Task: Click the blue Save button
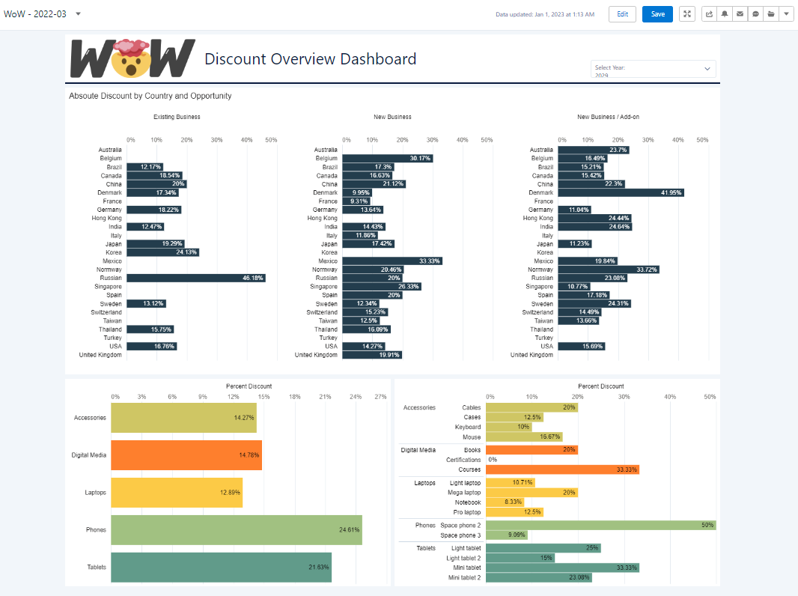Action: pos(657,14)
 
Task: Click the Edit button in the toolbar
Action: pos(622,14)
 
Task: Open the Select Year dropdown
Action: pos(653,68)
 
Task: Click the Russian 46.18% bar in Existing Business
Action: pos(195,278)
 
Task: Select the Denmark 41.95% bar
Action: pos(621,192)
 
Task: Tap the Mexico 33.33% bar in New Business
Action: pos(392,261)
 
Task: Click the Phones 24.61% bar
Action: pos(236,529)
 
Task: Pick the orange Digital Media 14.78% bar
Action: pos(186,454)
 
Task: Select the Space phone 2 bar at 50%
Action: pos(600,525)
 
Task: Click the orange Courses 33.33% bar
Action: pos(562,469)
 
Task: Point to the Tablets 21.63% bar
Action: pos(221,567)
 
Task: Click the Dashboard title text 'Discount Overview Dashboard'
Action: pos(310,59)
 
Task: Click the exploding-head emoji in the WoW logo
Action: pos(131,58)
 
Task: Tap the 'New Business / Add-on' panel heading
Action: pos(608,117)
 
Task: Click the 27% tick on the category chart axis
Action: pos(380,397)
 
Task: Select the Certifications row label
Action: pos(463,460)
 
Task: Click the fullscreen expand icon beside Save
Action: pos(687,14)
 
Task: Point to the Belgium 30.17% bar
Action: pos(387,158)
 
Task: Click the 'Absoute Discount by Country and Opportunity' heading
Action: pos(150,96)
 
